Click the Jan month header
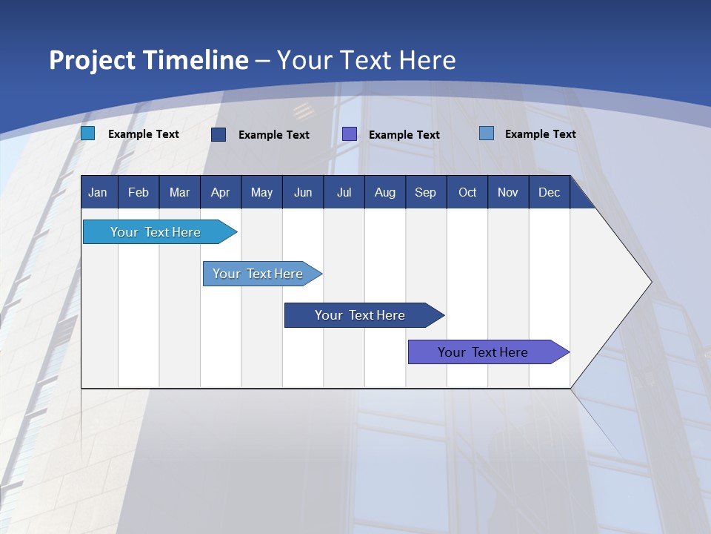[98, 193]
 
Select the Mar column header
[179, 193]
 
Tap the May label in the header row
[261, 193]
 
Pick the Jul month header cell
[344, 193]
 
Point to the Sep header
[425, 193]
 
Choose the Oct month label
[467, 193]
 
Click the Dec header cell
[549, 193]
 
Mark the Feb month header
[138, 193]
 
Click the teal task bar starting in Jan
[156, 232]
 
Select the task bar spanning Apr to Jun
[258, 274]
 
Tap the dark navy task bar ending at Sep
[360, 315]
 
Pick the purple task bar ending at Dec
[483, 352]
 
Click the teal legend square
[88, 133]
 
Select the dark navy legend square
[218, 134]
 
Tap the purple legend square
[350, 134]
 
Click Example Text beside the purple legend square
[404, 135]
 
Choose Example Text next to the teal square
[144, 134]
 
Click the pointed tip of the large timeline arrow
[650, 282]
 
